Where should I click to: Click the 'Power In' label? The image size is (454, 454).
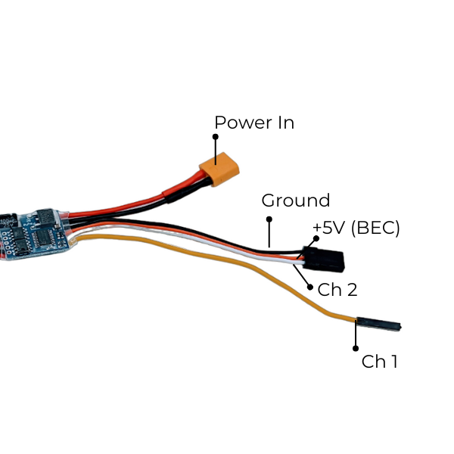click(254, 123)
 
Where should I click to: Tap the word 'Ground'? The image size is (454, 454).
click(295, 201)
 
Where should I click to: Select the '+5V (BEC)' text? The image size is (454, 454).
click(356, 228)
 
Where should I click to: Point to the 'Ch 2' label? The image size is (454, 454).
click(337, 289)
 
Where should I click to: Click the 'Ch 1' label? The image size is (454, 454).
click(379, 362)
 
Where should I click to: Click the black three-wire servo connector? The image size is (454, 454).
click(324, 258)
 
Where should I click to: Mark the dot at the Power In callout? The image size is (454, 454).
click(215, 137)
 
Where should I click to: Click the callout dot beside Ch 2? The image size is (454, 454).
click(310, 288)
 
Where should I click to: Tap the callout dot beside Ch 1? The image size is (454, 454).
click(356, 349)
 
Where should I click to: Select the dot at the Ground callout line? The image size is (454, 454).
click(268, 219)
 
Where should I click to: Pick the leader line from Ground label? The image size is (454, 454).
click(268, 232)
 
